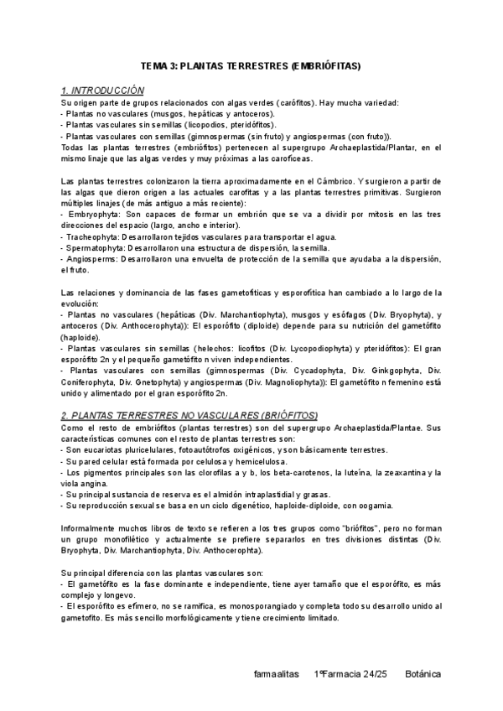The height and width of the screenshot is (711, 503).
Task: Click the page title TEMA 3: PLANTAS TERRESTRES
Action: pyautogui.click(x=251, y=66)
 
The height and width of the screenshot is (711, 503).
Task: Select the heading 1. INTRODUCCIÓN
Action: pyautogui.click(x=103, y=90)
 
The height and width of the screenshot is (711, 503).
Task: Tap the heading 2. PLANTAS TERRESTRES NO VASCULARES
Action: pyautogui.click(x=189, y=415)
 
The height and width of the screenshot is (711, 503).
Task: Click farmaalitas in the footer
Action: pyautogui.click(x=275, y=674)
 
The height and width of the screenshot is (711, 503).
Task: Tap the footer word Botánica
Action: pyautogui.click(x=423, y=674)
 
